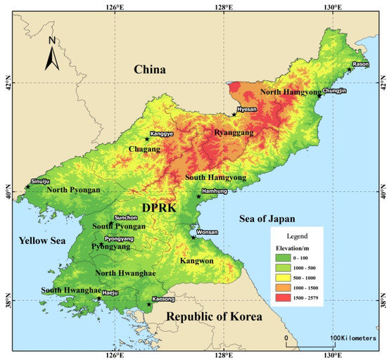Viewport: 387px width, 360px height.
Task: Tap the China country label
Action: [150, 70]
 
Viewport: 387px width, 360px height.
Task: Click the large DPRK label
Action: [160, 209]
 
